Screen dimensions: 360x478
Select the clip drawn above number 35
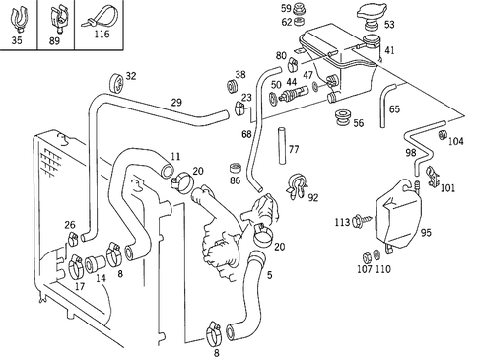(x=21, y=17)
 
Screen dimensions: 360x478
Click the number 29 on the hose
(x=176, y=102)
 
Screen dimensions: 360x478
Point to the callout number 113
(x=342, y=222)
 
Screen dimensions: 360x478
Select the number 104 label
(x=455, y=142)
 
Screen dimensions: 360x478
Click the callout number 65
(x=394, y=109)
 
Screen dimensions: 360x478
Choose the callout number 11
(x=175, y=156)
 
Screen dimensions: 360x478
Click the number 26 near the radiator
(x=70, y=225)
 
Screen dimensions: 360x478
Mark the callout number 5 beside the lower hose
(x=269, y=275)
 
